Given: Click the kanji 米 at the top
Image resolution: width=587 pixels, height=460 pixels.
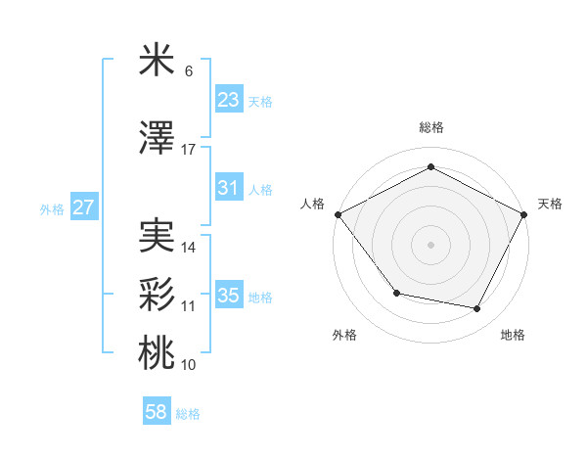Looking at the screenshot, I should [157, 62].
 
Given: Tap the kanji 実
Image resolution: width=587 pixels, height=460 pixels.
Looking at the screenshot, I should [157, 236].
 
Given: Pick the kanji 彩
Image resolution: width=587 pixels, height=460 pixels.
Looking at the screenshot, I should [157, 295].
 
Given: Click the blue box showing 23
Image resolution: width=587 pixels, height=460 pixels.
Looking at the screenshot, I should [229, 100].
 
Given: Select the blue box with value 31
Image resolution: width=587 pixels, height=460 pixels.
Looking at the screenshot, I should [229, 188].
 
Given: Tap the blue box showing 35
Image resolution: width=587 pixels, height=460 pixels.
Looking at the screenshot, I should [229, 296].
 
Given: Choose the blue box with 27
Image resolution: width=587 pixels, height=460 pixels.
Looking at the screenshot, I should [84, 207].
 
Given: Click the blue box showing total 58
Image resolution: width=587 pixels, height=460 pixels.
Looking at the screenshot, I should [157, 413].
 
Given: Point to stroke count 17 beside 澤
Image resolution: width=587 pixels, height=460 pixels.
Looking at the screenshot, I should [189, 150].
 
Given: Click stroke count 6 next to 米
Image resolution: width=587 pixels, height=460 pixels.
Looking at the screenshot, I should [189, 71].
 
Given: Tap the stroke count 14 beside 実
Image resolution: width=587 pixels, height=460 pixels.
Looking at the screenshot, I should [189, 248].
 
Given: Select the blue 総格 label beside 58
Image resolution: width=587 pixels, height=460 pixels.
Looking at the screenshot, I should [189, 414].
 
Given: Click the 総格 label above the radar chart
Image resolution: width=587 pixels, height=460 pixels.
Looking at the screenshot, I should [430, 127].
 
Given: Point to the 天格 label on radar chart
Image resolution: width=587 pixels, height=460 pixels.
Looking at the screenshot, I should [550, 204].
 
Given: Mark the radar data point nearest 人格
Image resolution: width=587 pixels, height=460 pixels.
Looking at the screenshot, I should [338, 214].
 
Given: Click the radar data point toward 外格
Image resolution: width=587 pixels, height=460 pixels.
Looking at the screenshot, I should [396, 293].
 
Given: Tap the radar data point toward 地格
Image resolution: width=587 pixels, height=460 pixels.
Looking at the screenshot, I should [476, 309].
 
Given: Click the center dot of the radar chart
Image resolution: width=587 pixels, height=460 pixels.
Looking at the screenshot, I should [430, 244].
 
